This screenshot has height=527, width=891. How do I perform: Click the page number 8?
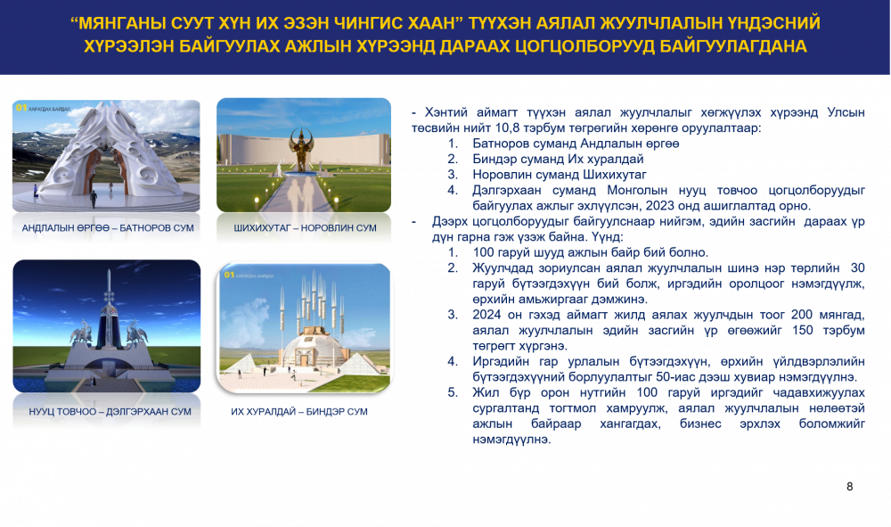[x=849, y=487]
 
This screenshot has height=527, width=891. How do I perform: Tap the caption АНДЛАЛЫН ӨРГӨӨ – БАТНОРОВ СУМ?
[x=108, y=228]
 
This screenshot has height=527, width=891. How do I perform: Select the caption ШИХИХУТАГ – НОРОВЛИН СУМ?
[x=305, y=228]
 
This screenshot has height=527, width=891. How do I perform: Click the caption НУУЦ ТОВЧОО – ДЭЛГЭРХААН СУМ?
[x=110, y=412]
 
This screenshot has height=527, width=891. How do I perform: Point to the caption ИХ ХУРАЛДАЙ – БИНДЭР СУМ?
[x=299, y=412]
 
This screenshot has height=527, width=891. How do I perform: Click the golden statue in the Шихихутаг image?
[x=300, y=149]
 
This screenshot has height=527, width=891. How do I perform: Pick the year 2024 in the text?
[x=487, y=315]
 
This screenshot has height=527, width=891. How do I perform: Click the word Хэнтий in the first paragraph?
[x=446, y=112]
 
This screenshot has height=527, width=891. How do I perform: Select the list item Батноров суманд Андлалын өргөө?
[x=576, y=144]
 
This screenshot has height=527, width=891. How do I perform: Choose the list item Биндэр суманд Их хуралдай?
[x=558, y=160]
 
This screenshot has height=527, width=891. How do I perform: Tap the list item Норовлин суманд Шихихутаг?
[x=560, y=175]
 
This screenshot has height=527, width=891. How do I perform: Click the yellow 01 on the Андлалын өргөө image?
[x=21, y=108]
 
